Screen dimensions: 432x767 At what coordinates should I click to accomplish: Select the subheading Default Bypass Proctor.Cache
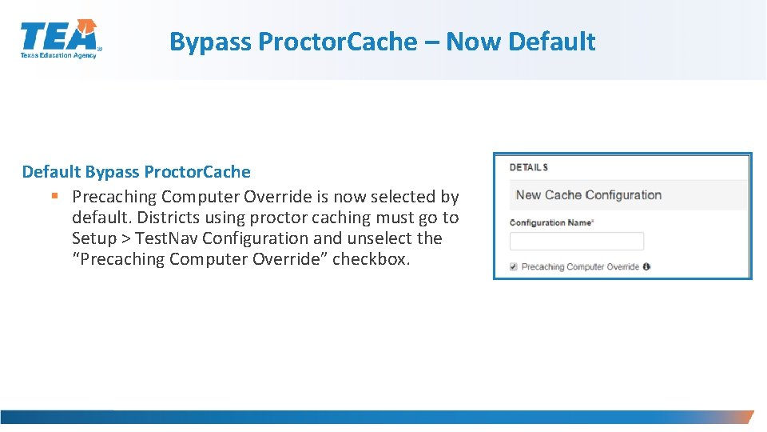click(136, 172)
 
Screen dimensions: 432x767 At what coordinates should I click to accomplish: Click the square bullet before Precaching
click(54, 196)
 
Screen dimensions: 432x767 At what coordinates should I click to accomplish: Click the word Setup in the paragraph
click(93, 238)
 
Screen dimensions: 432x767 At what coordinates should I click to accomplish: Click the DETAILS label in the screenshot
click(529, 167)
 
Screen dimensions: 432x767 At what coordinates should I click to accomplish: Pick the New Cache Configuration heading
click(589, 195)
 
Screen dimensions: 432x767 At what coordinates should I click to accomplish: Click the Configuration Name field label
click(551, 222)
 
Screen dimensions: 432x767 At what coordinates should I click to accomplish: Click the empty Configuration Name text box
click(577, 241)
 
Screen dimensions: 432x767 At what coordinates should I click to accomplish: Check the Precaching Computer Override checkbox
click(514, 266)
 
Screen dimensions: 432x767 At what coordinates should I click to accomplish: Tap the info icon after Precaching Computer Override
click(646, 266)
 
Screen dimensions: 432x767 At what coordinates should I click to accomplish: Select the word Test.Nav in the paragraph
click(165, 238)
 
